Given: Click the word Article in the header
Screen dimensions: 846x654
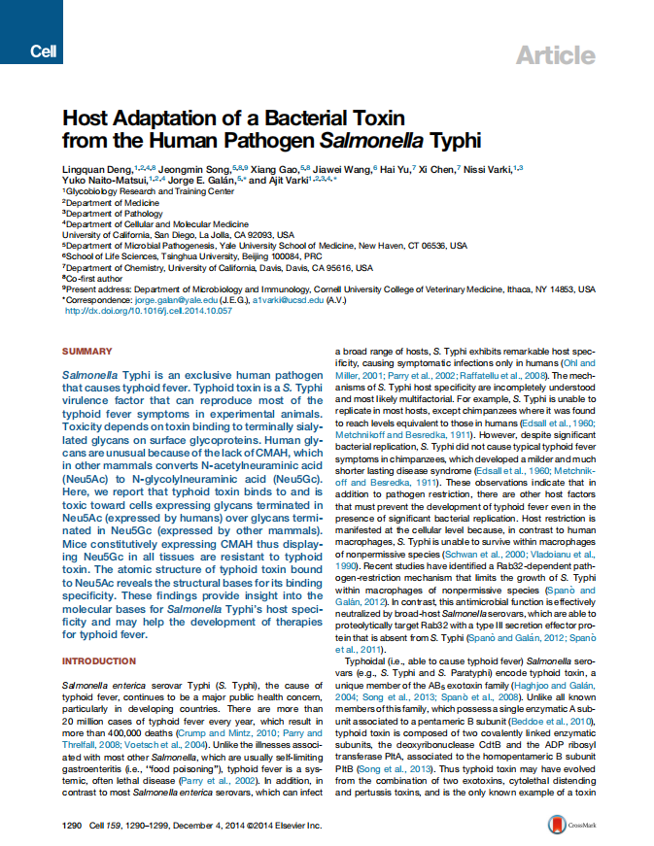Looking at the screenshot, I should [x=555, y=54].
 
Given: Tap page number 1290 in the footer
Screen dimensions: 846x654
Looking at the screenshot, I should [x=74, y=826].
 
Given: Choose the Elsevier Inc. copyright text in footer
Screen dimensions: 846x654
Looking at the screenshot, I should [x=276, y=826].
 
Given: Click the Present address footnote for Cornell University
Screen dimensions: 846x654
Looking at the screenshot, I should [x=330, y=288].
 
